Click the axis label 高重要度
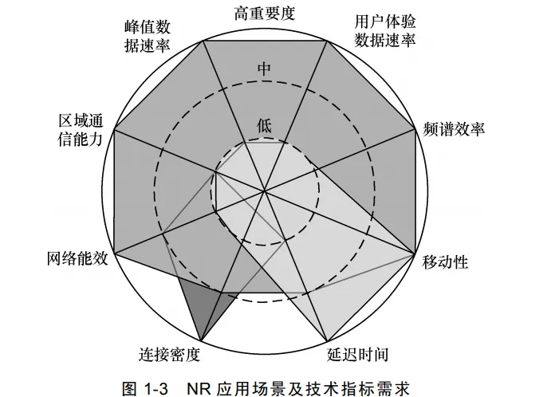point(265,13)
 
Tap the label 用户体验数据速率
point(385,29)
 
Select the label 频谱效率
point(455,130)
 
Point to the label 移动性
point(445,262)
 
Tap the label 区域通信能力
point(81,130)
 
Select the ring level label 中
point(265,69)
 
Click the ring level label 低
point(265,124)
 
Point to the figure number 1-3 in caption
point(159,388)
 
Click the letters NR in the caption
point(198,388)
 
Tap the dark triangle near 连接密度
point(200,307)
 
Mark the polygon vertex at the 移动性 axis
point(414,255)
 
